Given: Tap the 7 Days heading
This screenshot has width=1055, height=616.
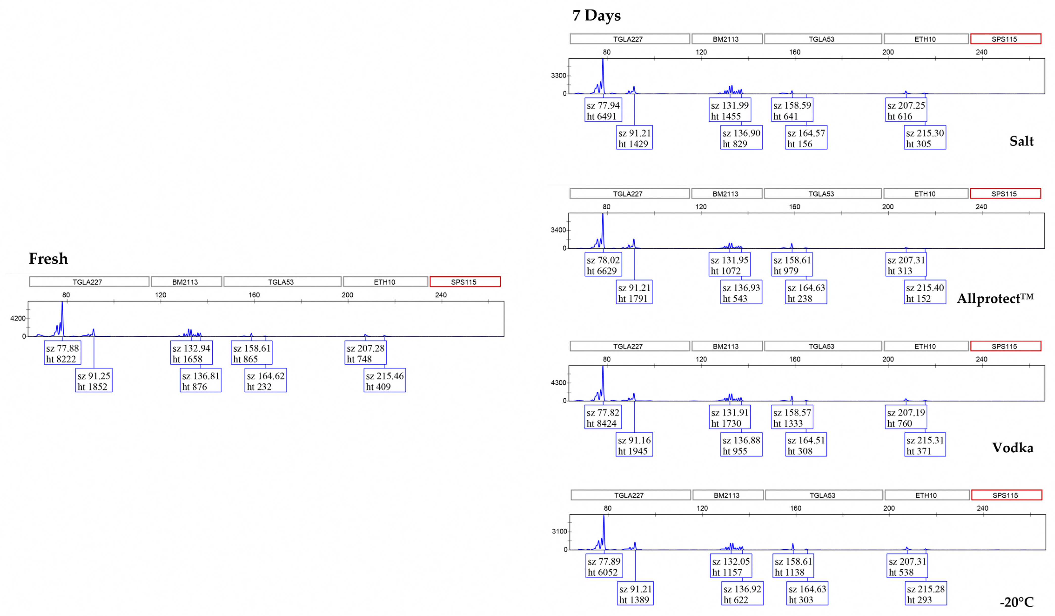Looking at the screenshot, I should tap(596, 16).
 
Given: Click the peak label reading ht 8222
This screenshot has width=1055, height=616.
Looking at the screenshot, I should tap(62, 353).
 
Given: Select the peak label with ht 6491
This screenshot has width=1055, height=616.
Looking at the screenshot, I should tap(603, 111).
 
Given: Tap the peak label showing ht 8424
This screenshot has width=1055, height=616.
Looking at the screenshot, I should tap(603, 418).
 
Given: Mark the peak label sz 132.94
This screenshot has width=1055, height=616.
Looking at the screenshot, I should tap(191, 353).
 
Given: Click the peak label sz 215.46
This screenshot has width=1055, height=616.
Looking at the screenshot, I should tap(385, 381).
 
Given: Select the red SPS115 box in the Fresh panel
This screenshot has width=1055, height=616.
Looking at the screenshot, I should tap(465, 282).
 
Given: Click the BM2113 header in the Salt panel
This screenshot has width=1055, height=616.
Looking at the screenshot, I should tap(726, 39).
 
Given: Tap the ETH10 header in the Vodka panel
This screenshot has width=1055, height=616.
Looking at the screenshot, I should tap(925, 346).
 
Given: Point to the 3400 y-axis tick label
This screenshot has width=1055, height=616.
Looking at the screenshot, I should tap(558, 230).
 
